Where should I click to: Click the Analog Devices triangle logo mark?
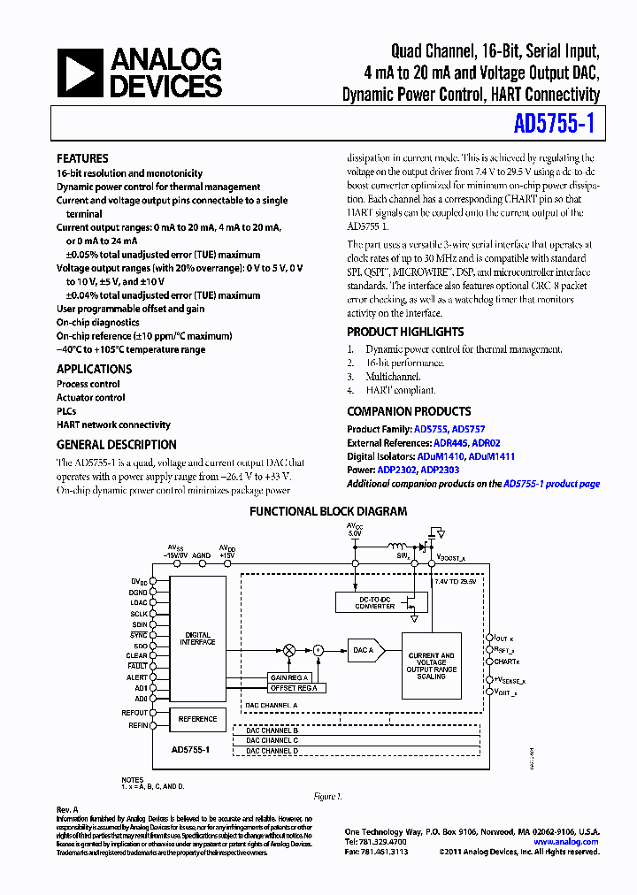tap(81, 73)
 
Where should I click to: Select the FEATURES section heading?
tap(82, 158)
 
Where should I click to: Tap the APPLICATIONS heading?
tap(94, 369)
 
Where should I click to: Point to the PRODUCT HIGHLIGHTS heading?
tap(405, 332)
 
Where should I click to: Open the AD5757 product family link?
tap(469, 428)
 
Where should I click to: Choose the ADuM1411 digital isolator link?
tap(491, 456)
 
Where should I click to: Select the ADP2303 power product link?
tap(440, 470)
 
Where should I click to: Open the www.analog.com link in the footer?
tap(565, 842)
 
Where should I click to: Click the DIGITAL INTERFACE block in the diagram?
tap(197, 639)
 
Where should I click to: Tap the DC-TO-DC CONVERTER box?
tap(365, 603)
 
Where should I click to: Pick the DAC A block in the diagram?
tap(364, 650)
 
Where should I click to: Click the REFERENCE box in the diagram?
tap(197, 719)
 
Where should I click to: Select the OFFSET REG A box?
tap(294, 687)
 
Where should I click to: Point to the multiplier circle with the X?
tap(288, 650)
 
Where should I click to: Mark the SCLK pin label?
tap(139, 613)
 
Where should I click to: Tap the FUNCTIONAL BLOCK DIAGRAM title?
tap(328, 511)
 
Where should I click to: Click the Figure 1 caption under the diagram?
tap(327, 796)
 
